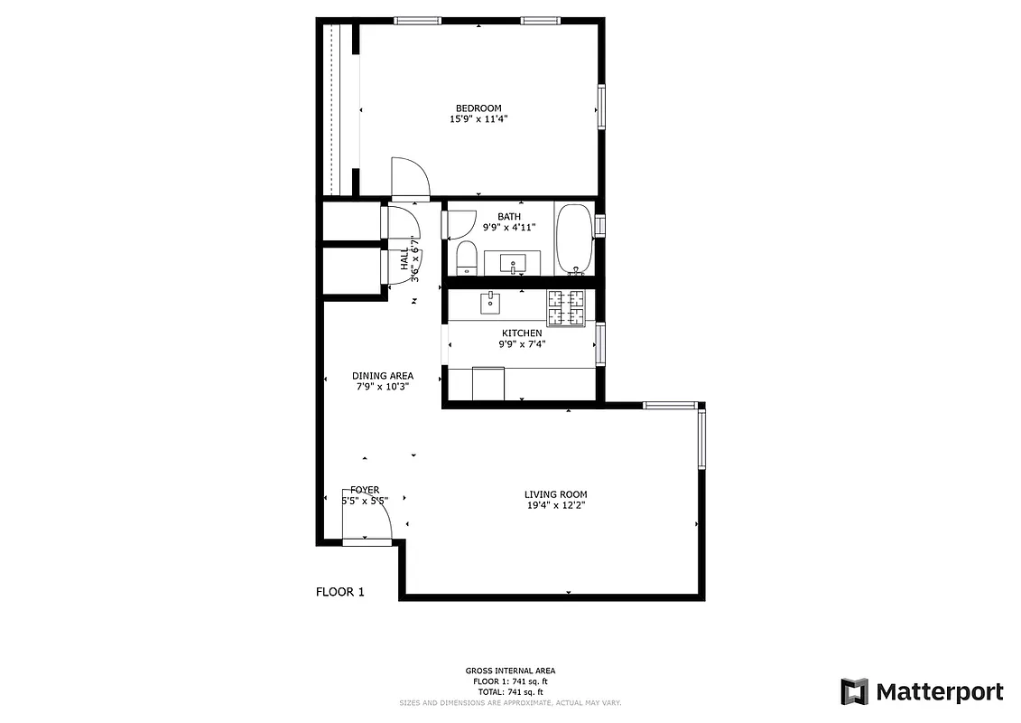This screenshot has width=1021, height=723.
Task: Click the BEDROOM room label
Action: [478, 108]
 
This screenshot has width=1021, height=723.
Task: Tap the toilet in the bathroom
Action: [467, 257]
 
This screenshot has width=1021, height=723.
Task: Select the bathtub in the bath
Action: [573, 239]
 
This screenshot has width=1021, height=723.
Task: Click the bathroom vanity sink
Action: [513, 265]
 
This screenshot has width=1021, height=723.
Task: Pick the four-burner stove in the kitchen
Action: [566, 307]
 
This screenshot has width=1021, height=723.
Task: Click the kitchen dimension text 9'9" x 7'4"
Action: [522, 344]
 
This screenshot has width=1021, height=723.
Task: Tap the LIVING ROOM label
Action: [555, 494]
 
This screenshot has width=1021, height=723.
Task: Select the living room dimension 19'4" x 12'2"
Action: [555, 506]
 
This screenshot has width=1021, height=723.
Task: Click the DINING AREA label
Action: [383, 376]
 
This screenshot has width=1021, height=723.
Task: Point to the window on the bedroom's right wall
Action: [600, 108]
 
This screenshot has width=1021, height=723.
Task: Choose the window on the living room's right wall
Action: [701, 437]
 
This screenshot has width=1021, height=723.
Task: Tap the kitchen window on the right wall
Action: [600, 343]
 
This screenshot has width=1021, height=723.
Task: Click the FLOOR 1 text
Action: [339, 593]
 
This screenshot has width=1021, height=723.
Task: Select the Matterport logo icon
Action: [854, 691]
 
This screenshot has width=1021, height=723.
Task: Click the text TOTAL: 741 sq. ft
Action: [510, 691]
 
